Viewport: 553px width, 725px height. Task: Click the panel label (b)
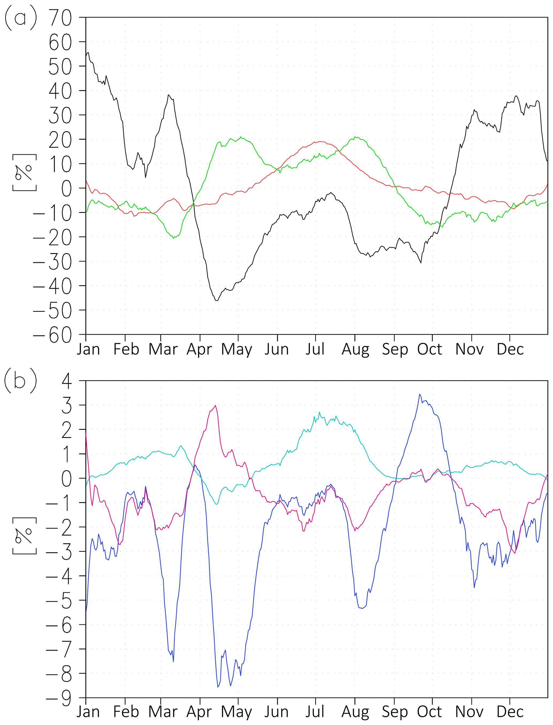[20, 381]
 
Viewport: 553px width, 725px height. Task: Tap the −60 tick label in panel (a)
[53, 335]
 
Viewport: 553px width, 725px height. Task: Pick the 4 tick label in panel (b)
[67, 381]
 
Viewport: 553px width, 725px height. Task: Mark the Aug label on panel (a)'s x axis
[355, 349]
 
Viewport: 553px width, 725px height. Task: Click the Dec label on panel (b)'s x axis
[510, 712]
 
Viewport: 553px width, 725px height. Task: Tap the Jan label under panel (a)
[88, 349]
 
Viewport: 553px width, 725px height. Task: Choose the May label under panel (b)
[236, 712]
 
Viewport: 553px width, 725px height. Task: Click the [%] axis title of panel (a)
[24, 172]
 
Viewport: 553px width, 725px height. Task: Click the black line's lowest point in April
[217, 300]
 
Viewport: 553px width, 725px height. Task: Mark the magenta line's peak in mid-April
[215, 405]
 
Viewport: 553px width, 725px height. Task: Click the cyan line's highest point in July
[319, 412]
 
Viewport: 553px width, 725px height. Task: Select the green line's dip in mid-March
[173, 238]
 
